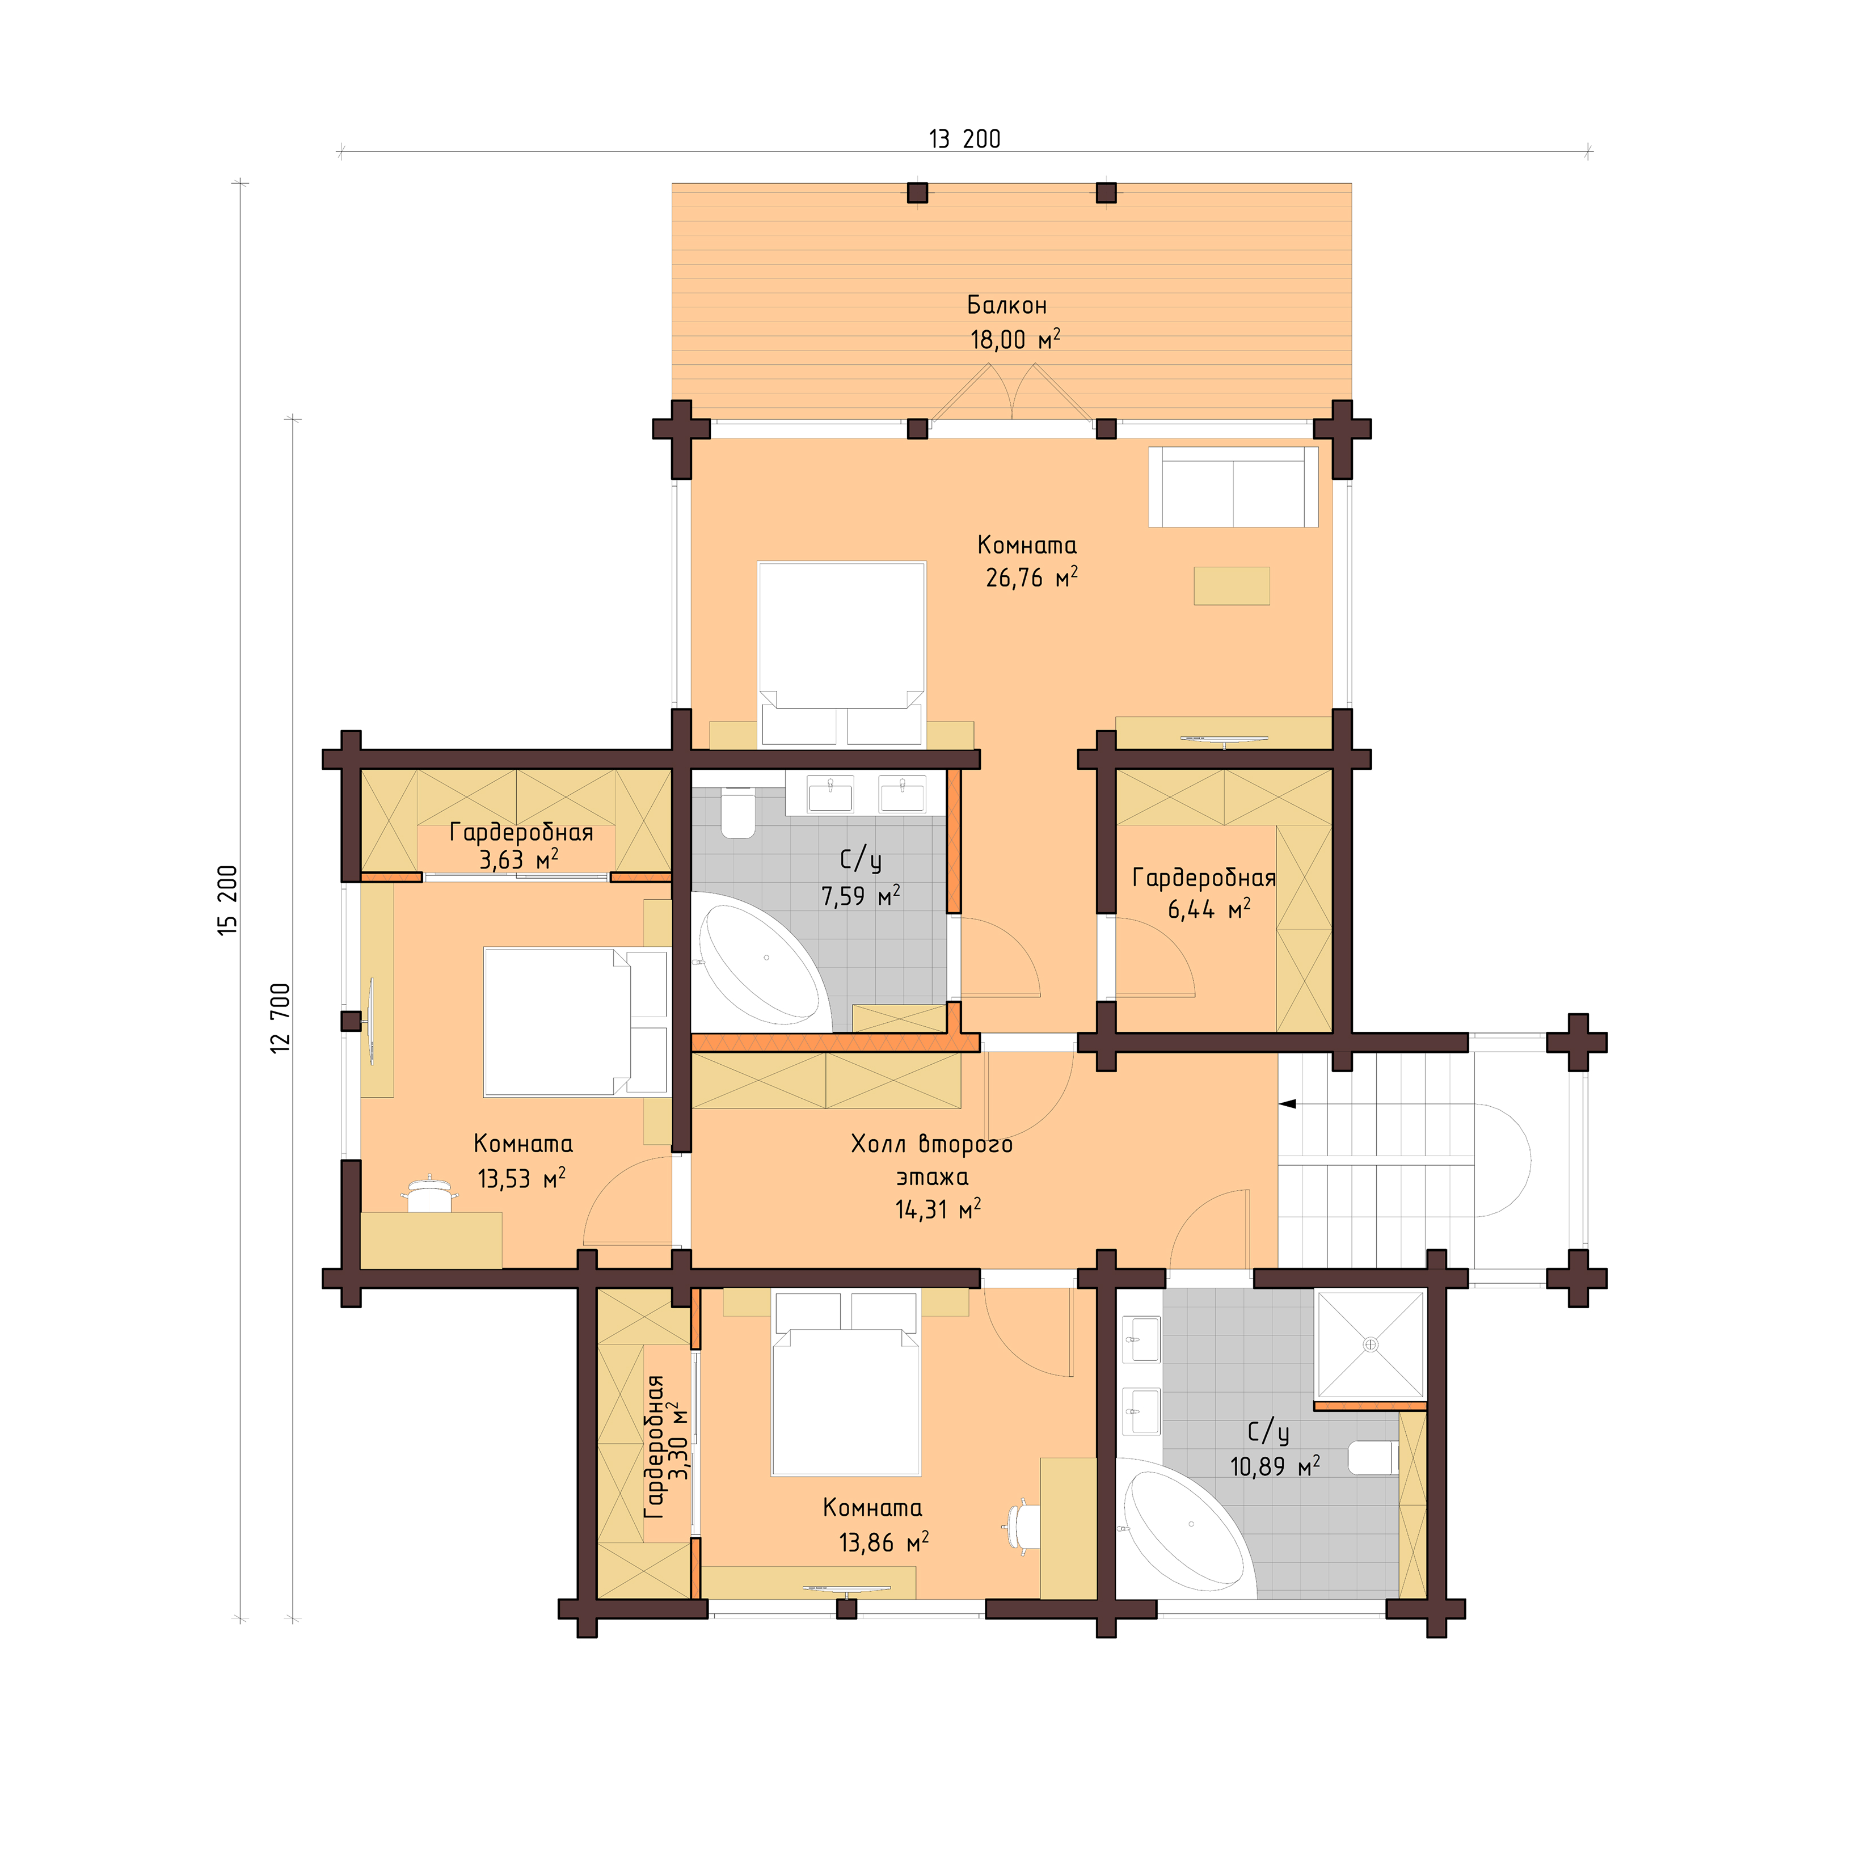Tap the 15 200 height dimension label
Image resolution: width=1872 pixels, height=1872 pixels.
click(227, 899)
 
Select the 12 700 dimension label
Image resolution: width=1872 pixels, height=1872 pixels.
click(280, 1017)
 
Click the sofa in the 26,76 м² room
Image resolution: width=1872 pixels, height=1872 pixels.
click(1233, 487)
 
